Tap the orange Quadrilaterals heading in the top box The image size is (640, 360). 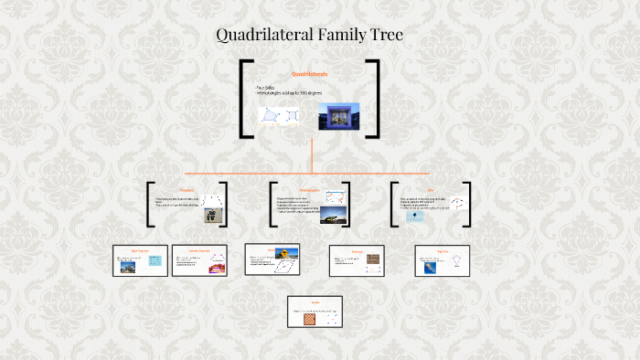[309, 72]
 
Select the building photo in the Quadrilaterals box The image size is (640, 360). [338, 116]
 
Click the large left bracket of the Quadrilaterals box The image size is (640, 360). [246, 99]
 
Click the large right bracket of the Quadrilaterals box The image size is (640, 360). [373, 99]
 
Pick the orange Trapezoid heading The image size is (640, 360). [187, 191]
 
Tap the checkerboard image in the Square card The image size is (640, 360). [310, 319]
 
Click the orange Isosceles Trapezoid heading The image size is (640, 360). [199, 249]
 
